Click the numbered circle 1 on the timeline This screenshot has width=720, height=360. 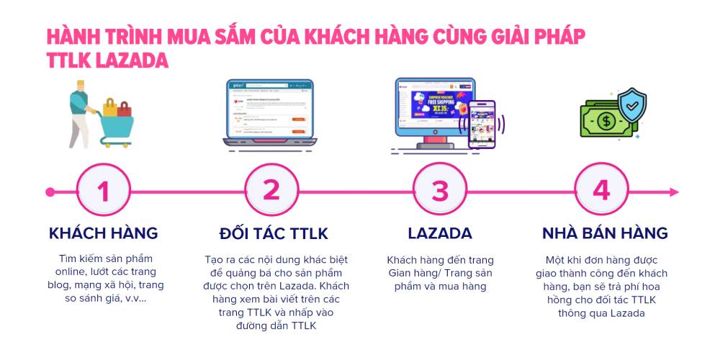[x=104, y=192]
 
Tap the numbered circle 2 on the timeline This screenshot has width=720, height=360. [x=271, y=192]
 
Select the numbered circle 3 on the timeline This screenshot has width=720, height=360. [x=439, y=192]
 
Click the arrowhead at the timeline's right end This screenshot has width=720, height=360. [x=674, y=192]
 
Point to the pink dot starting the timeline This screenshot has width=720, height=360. [x=50, y=192]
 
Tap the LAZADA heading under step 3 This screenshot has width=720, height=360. [x=439, y=233]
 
